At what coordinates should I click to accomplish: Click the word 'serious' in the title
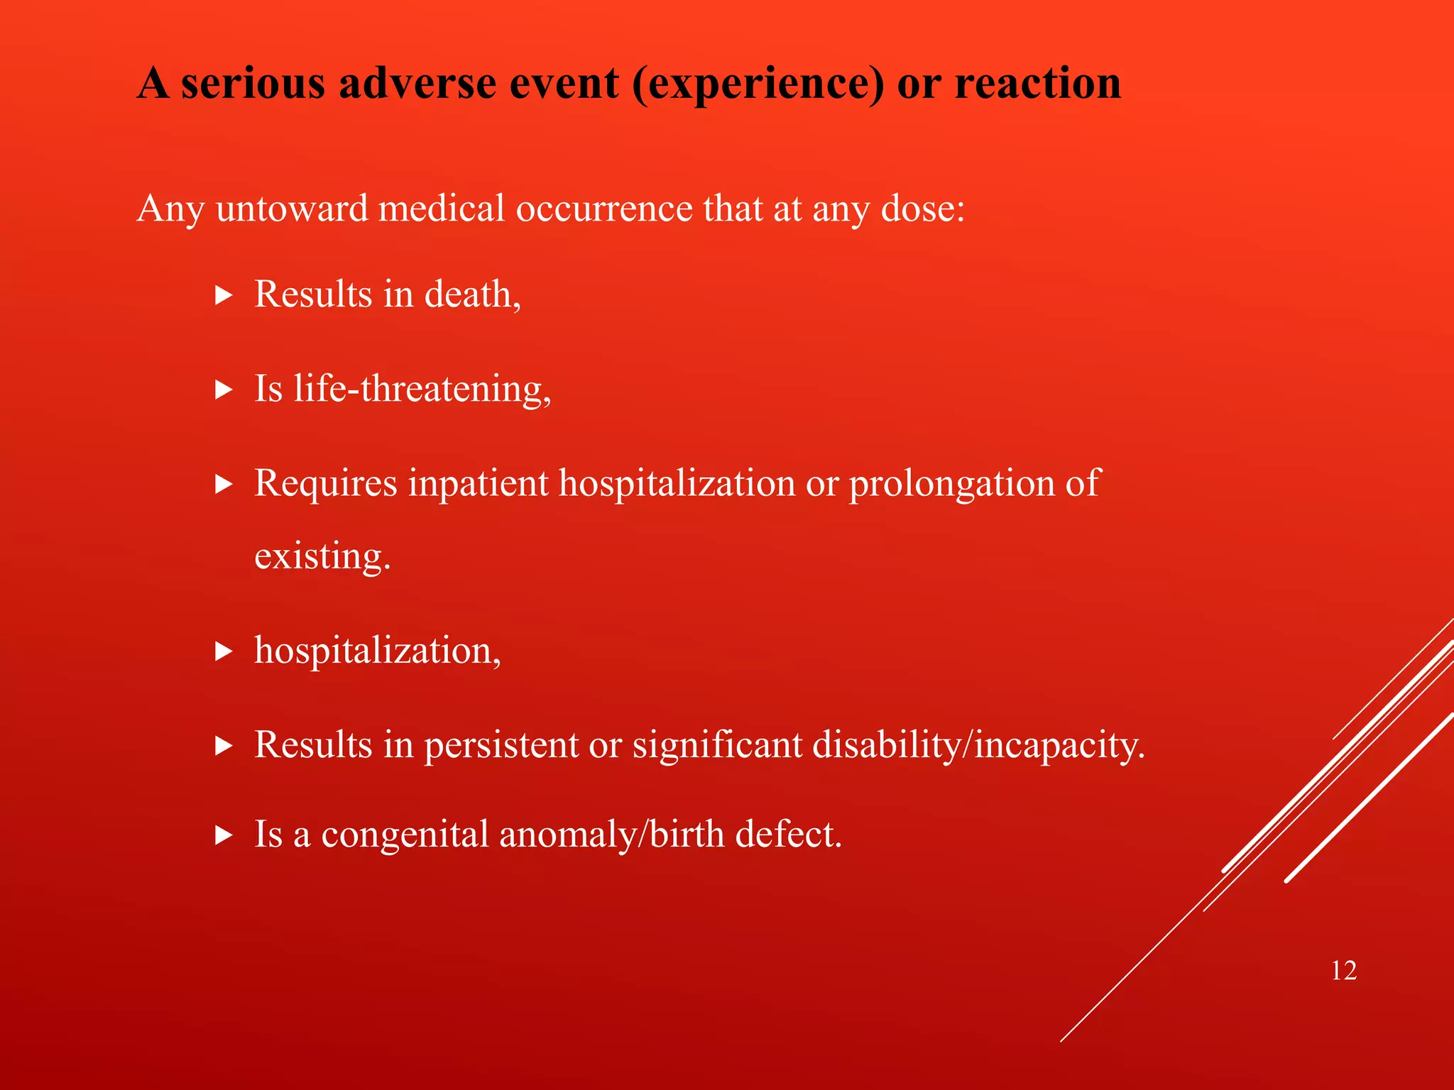[253, 84]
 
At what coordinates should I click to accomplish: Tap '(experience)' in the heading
[758, 84]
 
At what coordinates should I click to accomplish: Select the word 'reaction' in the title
[1037, 84]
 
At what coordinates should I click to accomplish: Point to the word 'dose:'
[922, 209]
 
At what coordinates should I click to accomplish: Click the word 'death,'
[472, 294]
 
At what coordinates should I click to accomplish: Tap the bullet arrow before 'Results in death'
[224, 295]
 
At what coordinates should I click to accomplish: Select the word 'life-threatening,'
[422, 390]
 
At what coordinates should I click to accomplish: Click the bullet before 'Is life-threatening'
[224, 390]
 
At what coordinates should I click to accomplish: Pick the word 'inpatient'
[478, 485]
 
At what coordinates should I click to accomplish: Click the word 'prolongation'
[951, 485]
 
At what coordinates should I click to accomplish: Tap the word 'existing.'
[322, 556]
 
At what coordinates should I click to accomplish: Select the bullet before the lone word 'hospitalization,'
[224, 651]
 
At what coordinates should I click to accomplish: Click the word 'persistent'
[501, 745]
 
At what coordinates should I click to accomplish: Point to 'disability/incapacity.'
[978, 745]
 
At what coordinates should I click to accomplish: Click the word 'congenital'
[405, 835]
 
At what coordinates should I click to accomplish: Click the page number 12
[1343, 971]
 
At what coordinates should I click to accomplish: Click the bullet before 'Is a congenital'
[224, 835]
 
